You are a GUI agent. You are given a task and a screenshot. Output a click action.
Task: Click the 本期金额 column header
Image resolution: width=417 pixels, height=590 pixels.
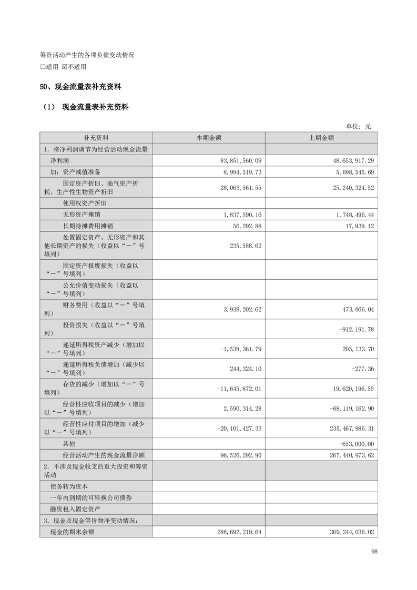point(209,138)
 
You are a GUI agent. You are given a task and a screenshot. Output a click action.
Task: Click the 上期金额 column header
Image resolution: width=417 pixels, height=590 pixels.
point(321,138)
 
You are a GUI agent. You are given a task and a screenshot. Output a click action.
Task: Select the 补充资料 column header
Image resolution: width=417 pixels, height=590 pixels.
point(96,138)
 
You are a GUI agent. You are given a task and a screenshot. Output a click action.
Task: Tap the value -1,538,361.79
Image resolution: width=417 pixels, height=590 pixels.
point(239,349)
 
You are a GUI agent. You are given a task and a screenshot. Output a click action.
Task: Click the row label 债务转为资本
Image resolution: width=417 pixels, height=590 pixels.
point(69,487)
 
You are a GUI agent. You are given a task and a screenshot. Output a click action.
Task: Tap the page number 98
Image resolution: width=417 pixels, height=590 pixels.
point(374,551)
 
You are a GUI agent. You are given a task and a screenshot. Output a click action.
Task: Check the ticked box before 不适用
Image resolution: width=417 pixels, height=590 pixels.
point(65,67)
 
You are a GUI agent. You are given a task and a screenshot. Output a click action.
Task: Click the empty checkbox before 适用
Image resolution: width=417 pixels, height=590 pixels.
point(43,67)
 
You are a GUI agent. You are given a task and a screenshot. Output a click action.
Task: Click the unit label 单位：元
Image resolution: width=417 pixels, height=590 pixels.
point(358,126)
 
